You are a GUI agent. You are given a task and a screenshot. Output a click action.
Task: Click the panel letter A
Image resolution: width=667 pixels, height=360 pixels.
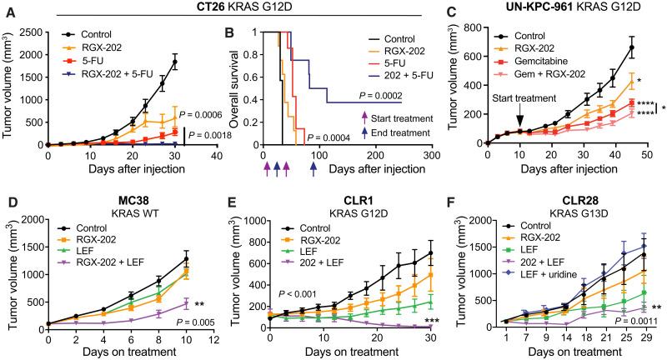[6, 7]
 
